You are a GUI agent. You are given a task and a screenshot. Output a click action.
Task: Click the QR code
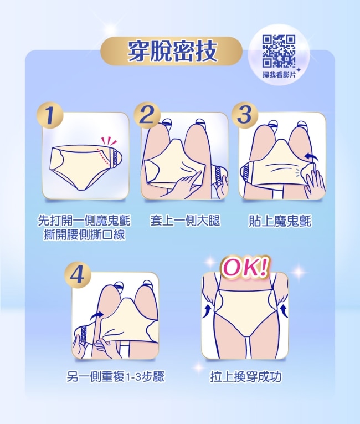[x=279, y=51]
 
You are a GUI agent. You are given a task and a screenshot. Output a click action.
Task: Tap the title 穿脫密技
[x=172, y=51]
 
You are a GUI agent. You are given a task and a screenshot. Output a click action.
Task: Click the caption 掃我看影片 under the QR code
[x=279, y=75]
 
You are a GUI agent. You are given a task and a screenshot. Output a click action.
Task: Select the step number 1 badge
[x=50, y=115]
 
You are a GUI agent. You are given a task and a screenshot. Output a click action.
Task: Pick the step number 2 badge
[x=147, y=115]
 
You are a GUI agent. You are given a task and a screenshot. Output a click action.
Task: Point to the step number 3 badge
[x=245, y=115]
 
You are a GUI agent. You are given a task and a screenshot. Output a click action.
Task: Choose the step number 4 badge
[x=78, y=275]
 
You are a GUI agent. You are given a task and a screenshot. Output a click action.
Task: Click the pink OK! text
[x=245, y=268]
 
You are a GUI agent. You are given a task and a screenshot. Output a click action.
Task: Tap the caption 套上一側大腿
[x=185, y=221]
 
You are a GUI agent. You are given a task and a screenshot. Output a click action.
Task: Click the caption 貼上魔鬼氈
[x=280, y=221]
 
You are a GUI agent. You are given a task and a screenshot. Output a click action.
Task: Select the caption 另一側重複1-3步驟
[x=115, y=376]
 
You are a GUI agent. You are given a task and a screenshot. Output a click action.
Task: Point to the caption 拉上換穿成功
[x=246, y=376]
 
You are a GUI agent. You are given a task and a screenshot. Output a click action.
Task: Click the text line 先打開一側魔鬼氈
[x=84, y=221]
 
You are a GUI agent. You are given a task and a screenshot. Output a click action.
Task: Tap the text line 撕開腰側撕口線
[x=85, y=234]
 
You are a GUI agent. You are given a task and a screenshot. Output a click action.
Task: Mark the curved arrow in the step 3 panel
[x=311, y=156]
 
